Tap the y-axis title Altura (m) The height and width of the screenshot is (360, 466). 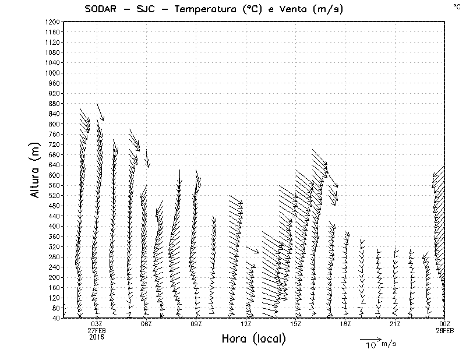[x=36, y=169]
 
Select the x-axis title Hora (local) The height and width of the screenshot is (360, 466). [x=253, y=339]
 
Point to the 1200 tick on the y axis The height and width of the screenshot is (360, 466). [x=53, y=22]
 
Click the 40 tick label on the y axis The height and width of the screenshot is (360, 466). [x=56, y=318]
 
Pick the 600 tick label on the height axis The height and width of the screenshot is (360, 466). [x=55, y=175]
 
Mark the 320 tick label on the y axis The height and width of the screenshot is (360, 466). [x=55, y=246]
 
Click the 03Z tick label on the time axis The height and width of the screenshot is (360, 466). [x=97, y=324]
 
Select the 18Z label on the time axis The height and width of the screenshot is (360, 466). [x=345, y=324]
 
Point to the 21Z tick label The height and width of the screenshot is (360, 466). [x=395, y=324]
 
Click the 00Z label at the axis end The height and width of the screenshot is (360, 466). [x=445, y=324]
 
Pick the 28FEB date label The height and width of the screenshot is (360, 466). [x=444, y=330]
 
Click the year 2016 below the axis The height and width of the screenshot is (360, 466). [x=97, y=337]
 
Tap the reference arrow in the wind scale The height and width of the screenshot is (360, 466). [x=370, y=338]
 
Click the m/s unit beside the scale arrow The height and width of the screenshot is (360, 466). [x=389, y=344]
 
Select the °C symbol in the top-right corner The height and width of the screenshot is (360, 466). [x=456, y=6]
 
